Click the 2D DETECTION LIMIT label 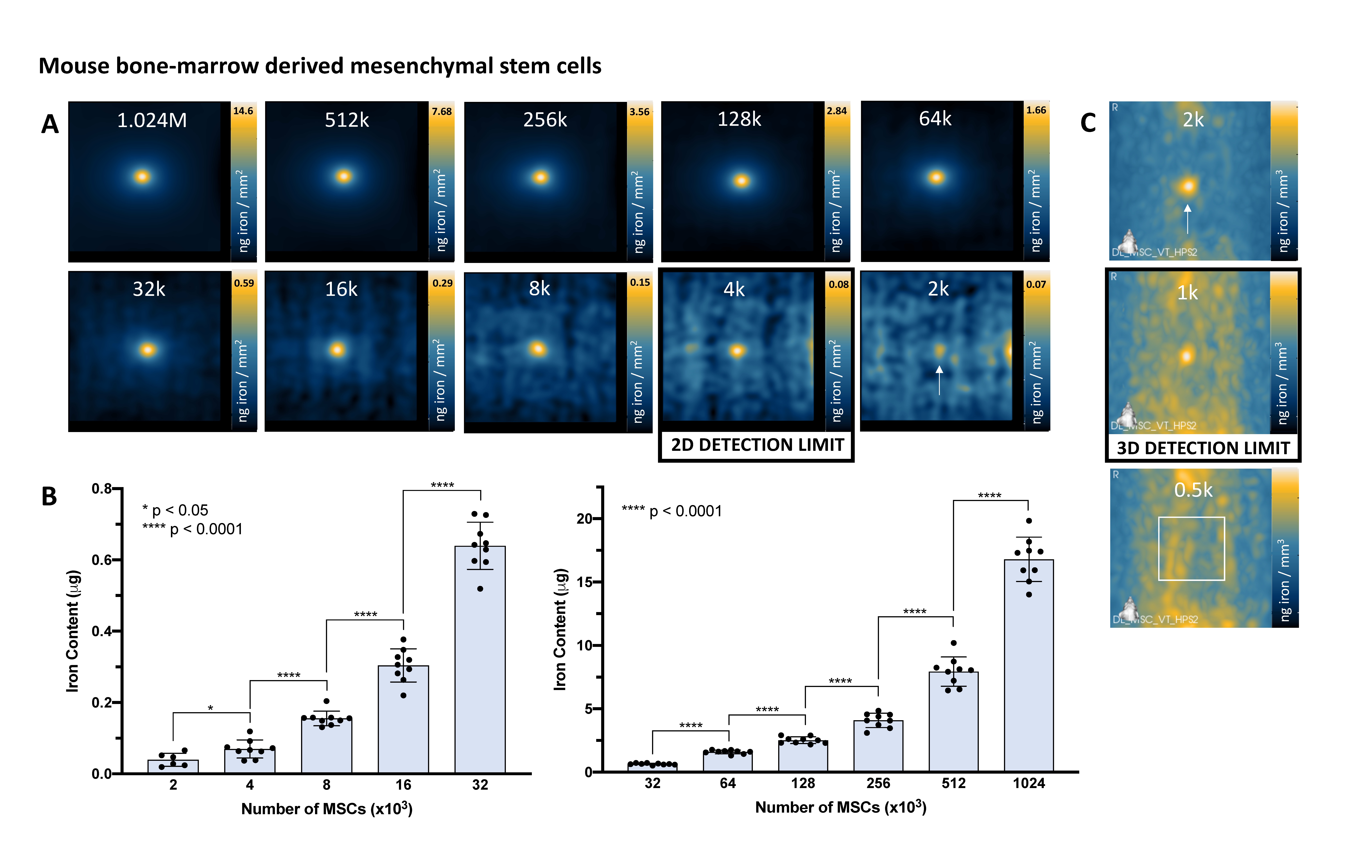(x=757, y=445)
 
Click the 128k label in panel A (x=739, y=119)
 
